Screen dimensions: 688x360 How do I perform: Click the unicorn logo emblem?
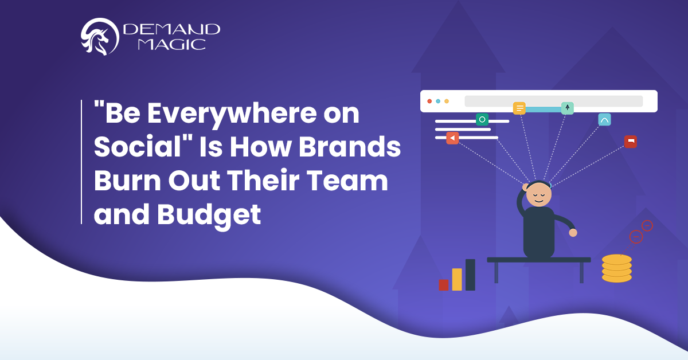click(100, 37)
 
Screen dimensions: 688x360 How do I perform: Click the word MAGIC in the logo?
click(171, 45)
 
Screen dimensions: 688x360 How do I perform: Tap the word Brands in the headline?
click(350, 147)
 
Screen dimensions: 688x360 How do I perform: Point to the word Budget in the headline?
click(209, 215)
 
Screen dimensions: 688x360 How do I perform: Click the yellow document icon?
click(519, 108)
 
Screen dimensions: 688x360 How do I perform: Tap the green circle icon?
click(482, 119)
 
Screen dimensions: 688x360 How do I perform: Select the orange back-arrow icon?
click(452, 138)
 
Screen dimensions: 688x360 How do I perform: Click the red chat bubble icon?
click(631, 142)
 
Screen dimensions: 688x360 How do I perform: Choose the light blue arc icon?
click(604, 120)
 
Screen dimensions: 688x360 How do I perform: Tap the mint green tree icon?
click(567, 108)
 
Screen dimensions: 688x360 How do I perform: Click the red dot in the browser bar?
click(429, 101)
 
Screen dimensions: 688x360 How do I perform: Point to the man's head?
click(538, 194)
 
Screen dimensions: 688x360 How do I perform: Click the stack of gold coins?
click(617, 268)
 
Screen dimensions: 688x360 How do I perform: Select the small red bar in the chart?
click(444, 285)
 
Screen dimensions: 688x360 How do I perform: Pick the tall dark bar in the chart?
click(470, 275)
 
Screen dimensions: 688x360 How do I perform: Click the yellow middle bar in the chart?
click(457, 280)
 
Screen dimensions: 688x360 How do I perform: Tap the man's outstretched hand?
click(573, 233)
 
